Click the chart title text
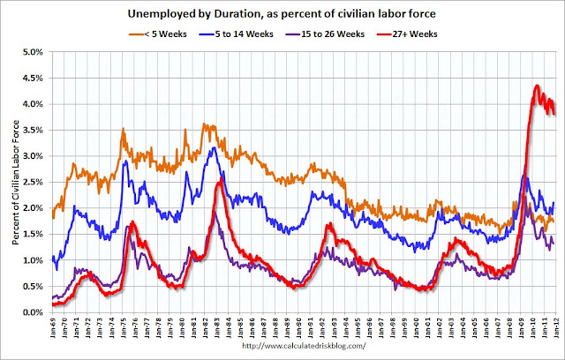(x=282, y=14)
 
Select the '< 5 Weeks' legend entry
(x=158, y=34)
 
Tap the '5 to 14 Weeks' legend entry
(x=236, y=34)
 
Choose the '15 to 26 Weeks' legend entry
(x=325, y=34)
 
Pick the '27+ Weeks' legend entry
(x=407, y=34)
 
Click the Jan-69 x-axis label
(x=53, y=326)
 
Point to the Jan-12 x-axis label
(x=557, y=326)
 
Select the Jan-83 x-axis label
(x=217, y=326)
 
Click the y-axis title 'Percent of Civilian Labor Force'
(x=16, y=183)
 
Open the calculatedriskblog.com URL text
(x=304, y=346)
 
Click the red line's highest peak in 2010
(x=537, y=86)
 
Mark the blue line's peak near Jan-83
(x=215, y=147)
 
